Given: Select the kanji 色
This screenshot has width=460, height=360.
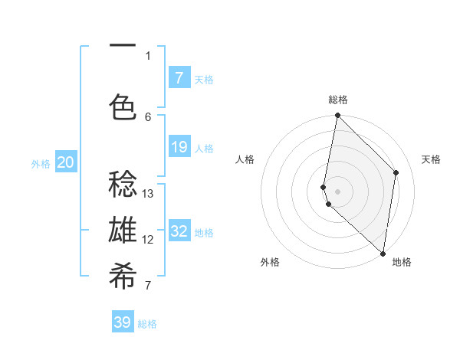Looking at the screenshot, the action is [123, 107].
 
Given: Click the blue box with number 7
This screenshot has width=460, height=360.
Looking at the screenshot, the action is [179, 78].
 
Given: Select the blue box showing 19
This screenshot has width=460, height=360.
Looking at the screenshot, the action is [179, 147].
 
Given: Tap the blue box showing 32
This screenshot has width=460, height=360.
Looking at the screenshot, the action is [179, 231].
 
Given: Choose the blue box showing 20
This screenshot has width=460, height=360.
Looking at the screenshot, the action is [66, 162].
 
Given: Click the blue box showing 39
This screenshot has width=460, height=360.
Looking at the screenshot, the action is [123, 322].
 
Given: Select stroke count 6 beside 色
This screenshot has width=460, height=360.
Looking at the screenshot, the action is [148, 116].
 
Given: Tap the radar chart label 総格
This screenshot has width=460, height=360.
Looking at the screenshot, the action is [338, 100].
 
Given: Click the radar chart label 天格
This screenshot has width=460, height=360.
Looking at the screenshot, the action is [431, 159].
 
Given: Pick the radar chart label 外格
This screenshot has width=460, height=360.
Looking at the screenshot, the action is [269, 262].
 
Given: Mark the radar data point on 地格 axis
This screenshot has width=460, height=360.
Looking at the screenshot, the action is [383, 254].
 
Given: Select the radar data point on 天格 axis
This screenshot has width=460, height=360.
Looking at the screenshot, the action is [396, 172].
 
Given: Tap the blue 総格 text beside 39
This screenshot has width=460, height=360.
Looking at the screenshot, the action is [147, 324].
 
